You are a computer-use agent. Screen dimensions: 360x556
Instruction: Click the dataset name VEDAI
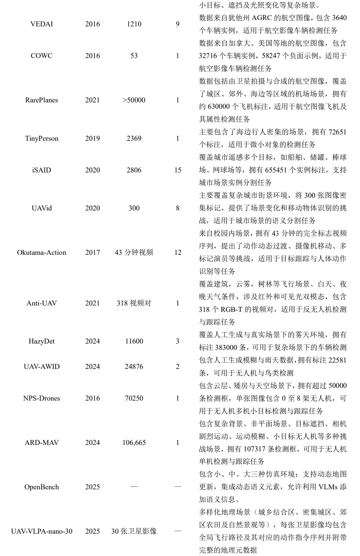coord(42,24)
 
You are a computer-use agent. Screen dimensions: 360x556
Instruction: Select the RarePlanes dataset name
coord(42,100)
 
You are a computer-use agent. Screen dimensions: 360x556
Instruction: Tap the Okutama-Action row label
coord(42,252)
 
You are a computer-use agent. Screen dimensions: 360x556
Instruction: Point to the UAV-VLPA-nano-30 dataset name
coord(42,531)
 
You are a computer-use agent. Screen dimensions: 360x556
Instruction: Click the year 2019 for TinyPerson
coord(92,138)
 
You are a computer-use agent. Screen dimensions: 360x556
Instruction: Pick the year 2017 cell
coord(92,252)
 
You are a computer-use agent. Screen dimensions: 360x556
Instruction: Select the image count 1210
coord(134,24)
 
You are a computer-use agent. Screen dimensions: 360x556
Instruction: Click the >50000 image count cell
coord(134,100)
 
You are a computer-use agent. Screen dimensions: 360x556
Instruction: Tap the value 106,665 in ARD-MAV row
coord(134,443)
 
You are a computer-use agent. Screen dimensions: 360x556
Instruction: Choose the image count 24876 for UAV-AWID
coord(134,367)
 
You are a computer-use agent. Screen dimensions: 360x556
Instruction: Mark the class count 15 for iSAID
coord(178,170)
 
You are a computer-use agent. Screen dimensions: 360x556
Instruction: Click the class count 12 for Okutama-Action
coord(178,252)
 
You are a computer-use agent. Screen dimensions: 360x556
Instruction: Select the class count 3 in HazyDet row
coord(178,341)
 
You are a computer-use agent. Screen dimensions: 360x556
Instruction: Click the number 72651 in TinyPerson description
coord(337,132)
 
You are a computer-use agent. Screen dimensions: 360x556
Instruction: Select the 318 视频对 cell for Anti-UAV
coord(134,303)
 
